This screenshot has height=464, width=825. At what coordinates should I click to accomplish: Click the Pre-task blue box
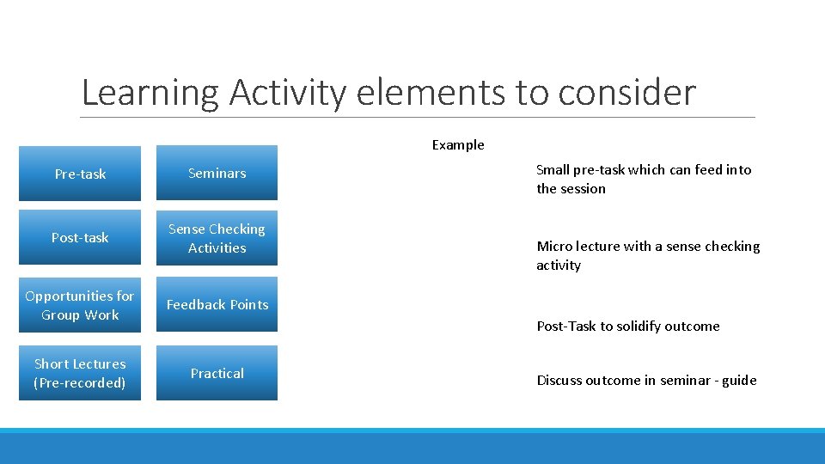[x=80, y=174]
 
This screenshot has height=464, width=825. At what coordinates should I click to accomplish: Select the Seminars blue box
[x=217, y=174]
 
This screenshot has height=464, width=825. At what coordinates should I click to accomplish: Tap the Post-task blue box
[x=80, y=238]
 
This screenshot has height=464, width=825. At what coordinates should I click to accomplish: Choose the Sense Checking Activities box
[x=217, y=238]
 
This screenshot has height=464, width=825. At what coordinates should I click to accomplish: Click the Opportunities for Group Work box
[x=80, y=305]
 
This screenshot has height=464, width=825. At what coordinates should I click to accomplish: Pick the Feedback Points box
[x=217, y=305]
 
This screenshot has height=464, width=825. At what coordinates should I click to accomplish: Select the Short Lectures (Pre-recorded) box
[x=80, y=373]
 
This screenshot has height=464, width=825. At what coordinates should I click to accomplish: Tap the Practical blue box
[x=217, y=373]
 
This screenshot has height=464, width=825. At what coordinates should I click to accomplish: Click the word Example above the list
[x=458, y=145]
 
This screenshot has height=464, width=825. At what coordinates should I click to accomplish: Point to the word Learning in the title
[x=150, y=93]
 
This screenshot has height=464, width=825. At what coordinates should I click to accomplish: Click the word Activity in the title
[x=289, y=93]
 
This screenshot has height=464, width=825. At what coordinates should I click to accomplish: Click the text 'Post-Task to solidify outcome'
[x=628, y=327]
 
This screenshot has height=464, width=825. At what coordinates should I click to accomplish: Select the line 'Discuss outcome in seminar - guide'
[x=646, y=381]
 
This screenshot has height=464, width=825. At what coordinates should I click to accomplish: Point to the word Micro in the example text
[x=554, y=247]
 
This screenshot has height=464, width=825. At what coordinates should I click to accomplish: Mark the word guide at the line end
[x=739, y=381]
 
